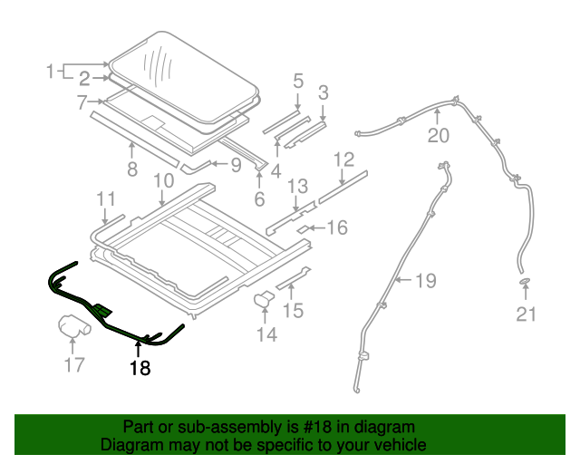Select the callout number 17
(74, 365)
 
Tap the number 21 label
(527, 314)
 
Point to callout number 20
(438, 136)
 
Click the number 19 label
(425, 280)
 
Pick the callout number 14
(266, 334)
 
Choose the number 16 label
(336, 228)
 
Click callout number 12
(343, 160)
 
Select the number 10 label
(163, 181)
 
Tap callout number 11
(106, 198)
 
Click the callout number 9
(235, 165)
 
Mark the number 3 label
(323, 91)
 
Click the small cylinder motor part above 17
(74, 324)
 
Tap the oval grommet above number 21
(525, 285)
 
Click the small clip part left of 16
(304, 228)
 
